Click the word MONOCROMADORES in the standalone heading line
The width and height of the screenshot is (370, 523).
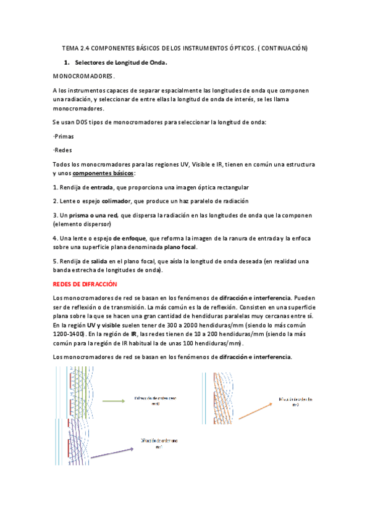tap(83, 76)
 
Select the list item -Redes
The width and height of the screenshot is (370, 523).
tap(62, 150)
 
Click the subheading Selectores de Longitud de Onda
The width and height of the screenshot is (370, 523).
tap(121, 63)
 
